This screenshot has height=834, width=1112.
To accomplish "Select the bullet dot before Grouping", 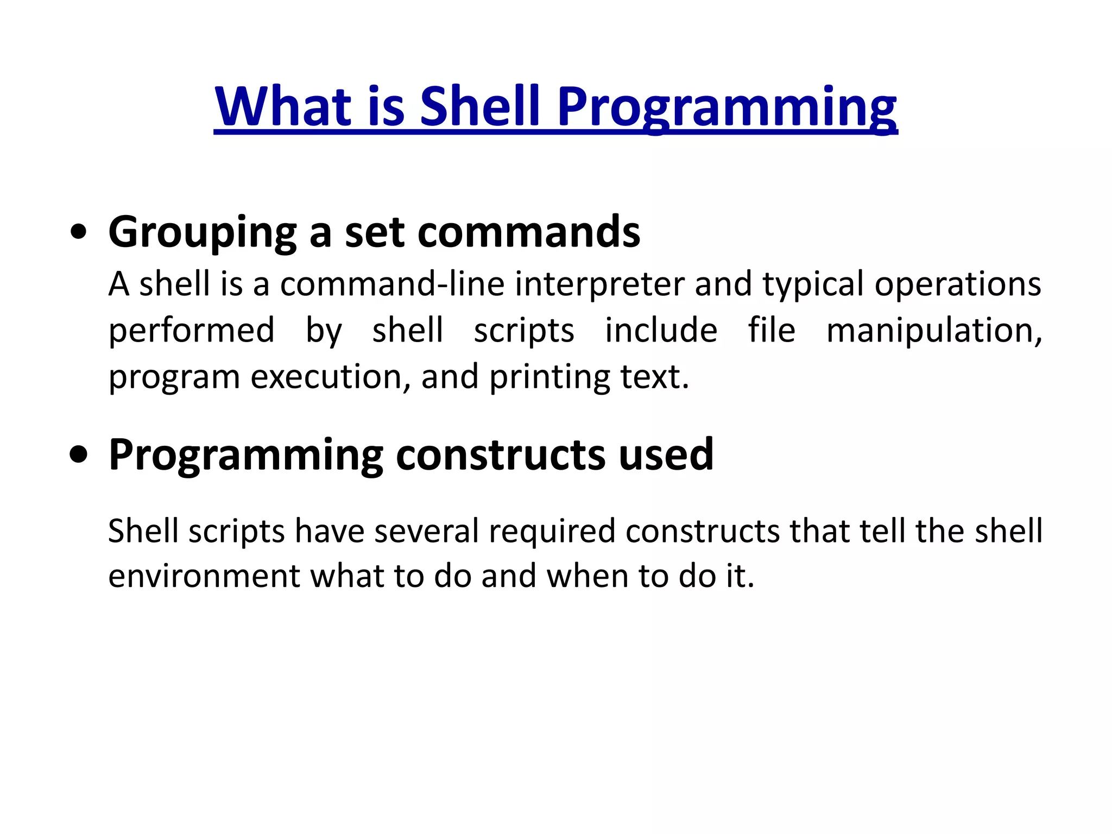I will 79,232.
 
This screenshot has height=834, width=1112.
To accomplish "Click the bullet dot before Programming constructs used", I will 79,455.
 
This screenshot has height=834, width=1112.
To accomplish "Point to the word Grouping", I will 202,232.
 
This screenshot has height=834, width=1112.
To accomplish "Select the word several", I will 427,531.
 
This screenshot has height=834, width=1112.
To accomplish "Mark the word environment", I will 204,576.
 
